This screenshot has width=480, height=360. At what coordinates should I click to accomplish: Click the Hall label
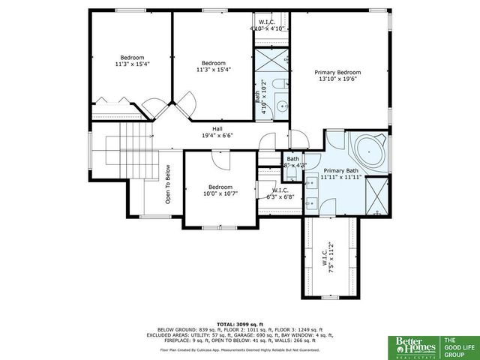coord(217,128)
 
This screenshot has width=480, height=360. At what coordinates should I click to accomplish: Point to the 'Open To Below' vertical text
coord(168,184)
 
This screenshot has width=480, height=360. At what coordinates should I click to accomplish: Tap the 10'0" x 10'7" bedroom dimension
coord(220,193)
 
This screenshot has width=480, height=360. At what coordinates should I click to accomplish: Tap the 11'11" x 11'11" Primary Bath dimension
coord(340,178)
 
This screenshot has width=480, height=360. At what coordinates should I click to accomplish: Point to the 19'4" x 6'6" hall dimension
coord(217,136)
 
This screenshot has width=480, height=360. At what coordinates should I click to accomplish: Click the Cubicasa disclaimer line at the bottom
coord(239,349)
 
